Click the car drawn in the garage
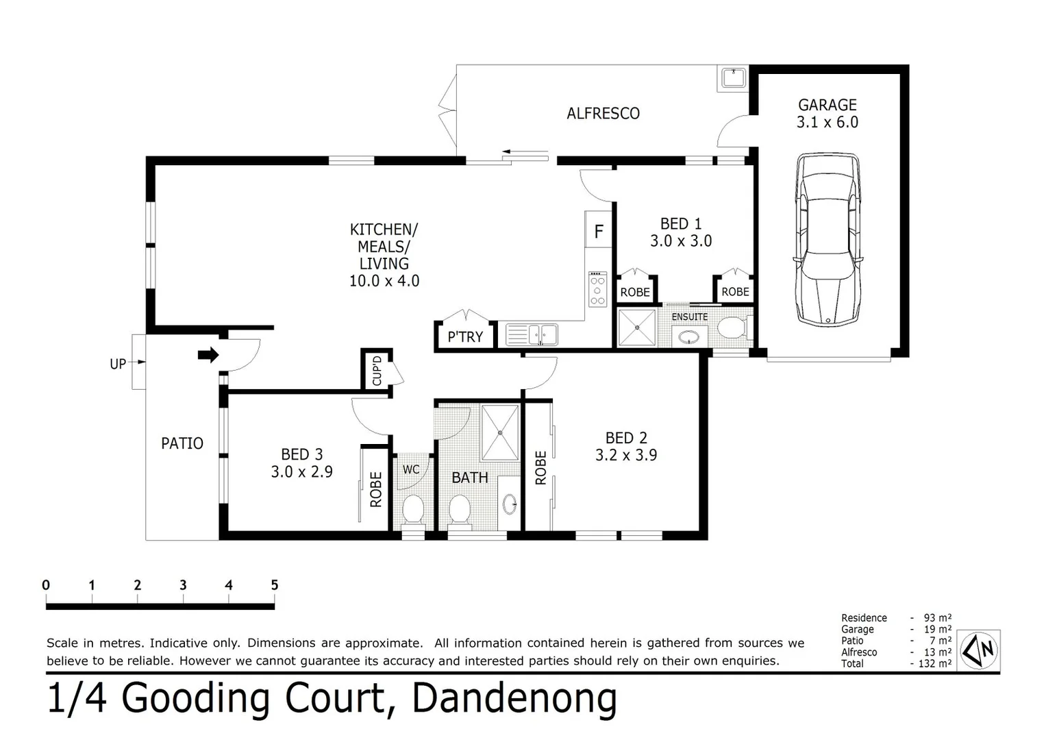[x=827, y=239]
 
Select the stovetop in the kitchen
[x=597, y=289]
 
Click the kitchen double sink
[x=532, y=335]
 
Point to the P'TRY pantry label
[x=465, y=336]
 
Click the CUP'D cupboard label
[x=376, y=371]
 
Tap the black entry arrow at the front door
[x=208, y=354]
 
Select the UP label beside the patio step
[x=118, y=364]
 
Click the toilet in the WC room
[x=412, y=509]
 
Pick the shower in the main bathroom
[x=500, y=432]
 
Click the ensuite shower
[x=637, y=328]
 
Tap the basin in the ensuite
[x=688, y=336]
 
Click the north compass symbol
[x=980, y=649]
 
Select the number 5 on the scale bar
[x=274, y=585]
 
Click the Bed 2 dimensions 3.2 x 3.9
[x=625, y=455]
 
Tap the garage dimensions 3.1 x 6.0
[x=827, y=123]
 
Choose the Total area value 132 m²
[x=936, y=663]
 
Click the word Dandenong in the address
[x=514, y=698]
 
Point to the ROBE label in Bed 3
[x=375, y=489]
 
